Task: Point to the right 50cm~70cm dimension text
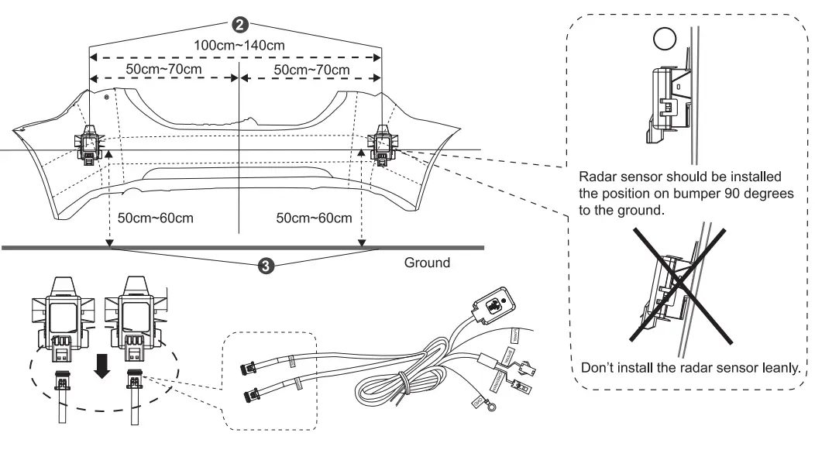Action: point(313,70)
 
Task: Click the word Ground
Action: point(426,263)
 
